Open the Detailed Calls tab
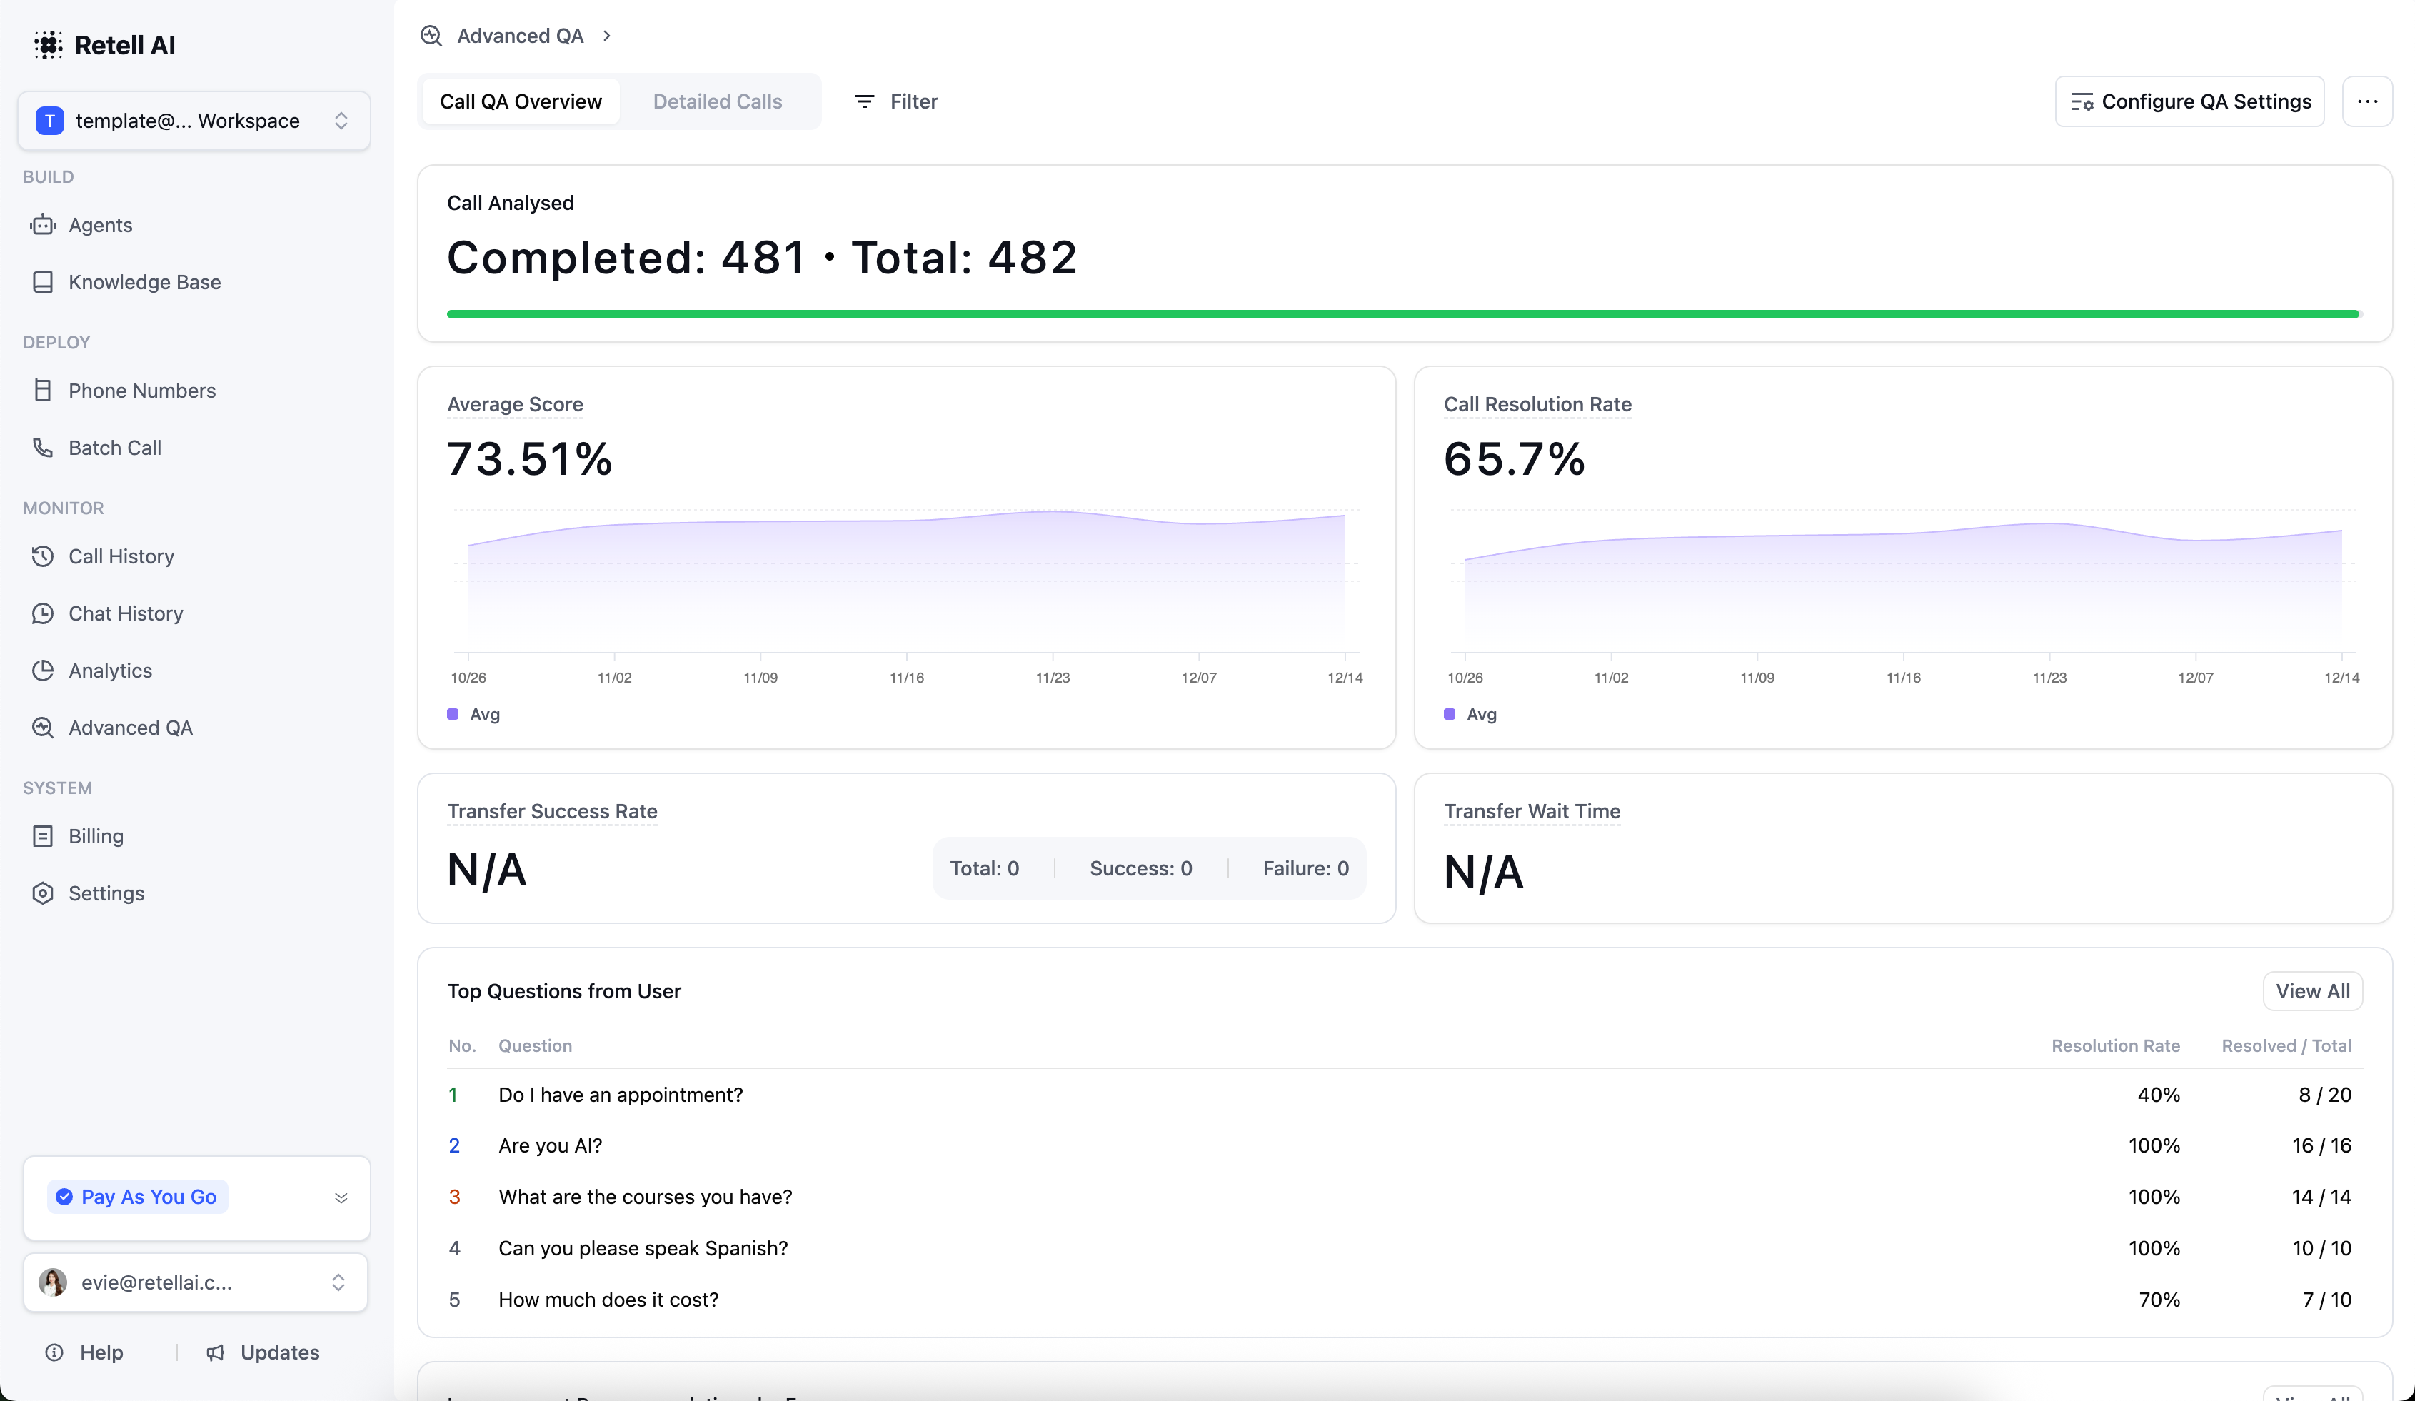click(717, 101)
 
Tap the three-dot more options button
click(2366, 101)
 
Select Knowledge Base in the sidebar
click(144, 282)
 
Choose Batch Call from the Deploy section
click(114, 448)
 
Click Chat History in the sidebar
click(126, 613)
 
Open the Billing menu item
click(96, 835)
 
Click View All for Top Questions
click(2311, 991)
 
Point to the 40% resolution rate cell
click(2158, 1095)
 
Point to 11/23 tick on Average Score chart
click(1053, 678)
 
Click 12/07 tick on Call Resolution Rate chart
click(2194, 678)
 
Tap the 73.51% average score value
click(529, 459)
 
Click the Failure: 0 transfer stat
click(1305, 868)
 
